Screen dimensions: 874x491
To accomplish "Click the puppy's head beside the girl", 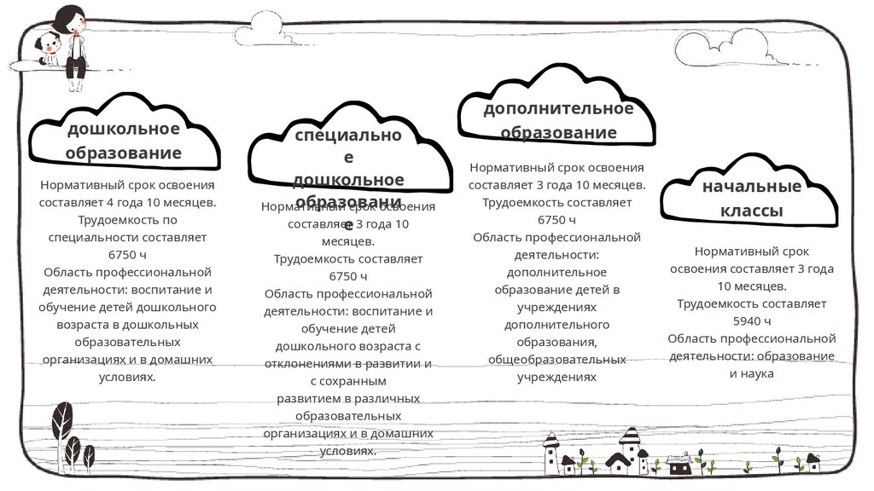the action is pyautogui.click(x=47, y=43).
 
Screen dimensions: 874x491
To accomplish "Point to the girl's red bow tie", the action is pyautogui.click(x=77, y=35).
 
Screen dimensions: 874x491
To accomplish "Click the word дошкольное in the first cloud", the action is pyautogui.click(x=124, y=129).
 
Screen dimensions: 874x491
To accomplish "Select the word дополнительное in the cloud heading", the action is pyautogui.click(x=558, y=109).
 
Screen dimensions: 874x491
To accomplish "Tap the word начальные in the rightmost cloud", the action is pyautogui.click(x=751, y=187).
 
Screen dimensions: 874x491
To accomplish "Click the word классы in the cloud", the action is pyautogui.click(x=751, y=211).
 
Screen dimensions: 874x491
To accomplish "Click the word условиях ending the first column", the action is pyautogui.click(x=125, y=376).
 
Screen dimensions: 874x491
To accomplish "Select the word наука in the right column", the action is pyautogui.click(x=757, y=373).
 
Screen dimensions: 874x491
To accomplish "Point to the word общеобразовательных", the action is pyautogui.click(x=556, y=359).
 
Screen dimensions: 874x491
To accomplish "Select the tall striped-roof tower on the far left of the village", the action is pyautogui.click(x=551, y=453).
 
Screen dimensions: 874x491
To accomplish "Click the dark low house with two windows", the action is pyautogui.click(x=680, y=465).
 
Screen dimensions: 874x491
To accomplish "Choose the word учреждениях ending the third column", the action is pyautogui.click(x=556, y=376).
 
